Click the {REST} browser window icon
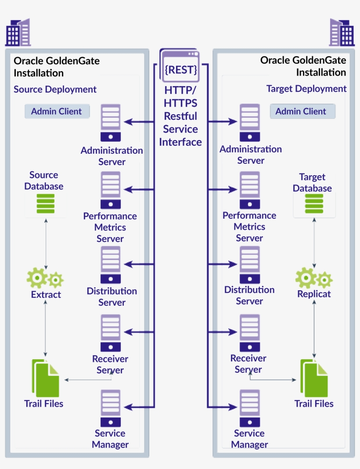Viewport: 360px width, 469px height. [x=180, y=66]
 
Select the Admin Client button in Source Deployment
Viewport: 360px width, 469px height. [x=57, y=112]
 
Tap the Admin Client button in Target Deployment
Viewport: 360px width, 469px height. [x=302, y=112]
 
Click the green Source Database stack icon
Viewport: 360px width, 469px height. [x=46, y=204]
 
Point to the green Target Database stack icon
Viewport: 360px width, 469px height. [x=314, y=204]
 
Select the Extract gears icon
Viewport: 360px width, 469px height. [x=45, y=278]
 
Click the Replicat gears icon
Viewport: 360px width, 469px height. [x=313, y=278]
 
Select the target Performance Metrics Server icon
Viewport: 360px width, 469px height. [x=249, y=190]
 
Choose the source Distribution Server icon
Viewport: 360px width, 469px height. [x=110, y=265]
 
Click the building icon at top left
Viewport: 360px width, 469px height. [x=18, y=32]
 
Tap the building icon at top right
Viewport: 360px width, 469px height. [x=342, y=32]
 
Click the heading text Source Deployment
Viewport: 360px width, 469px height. [x=55, y=90]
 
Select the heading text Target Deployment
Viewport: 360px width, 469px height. [x=306, y=89]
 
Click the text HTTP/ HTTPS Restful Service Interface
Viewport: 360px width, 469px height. [x=180, y=116]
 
